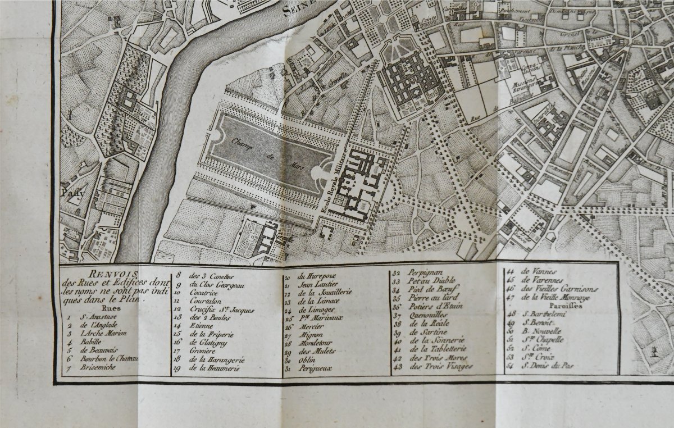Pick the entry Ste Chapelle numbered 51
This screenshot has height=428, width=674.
tap(545, 339)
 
